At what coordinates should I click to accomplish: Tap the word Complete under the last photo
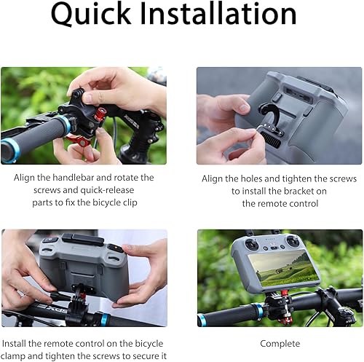280,343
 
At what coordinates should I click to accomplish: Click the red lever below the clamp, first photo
85,139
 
